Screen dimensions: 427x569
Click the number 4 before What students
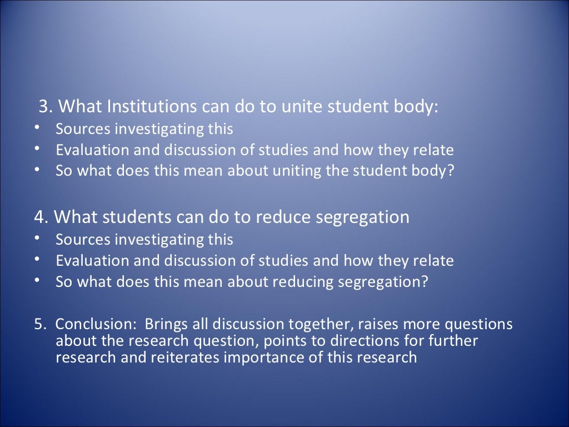39,217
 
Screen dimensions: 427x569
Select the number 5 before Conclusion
38,324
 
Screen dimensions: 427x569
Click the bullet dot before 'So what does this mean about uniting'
37,170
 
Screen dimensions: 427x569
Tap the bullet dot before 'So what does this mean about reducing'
37,281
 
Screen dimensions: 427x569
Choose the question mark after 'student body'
451,171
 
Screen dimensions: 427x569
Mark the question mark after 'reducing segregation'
425,282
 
